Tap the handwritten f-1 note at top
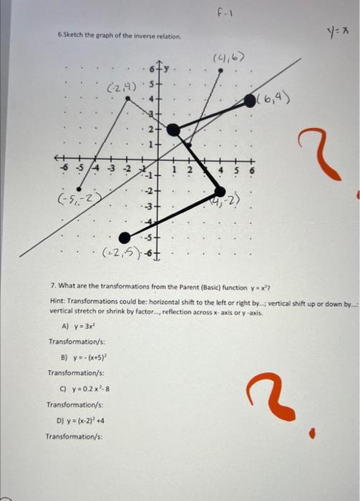221,14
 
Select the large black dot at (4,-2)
220,190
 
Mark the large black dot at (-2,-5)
125,237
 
